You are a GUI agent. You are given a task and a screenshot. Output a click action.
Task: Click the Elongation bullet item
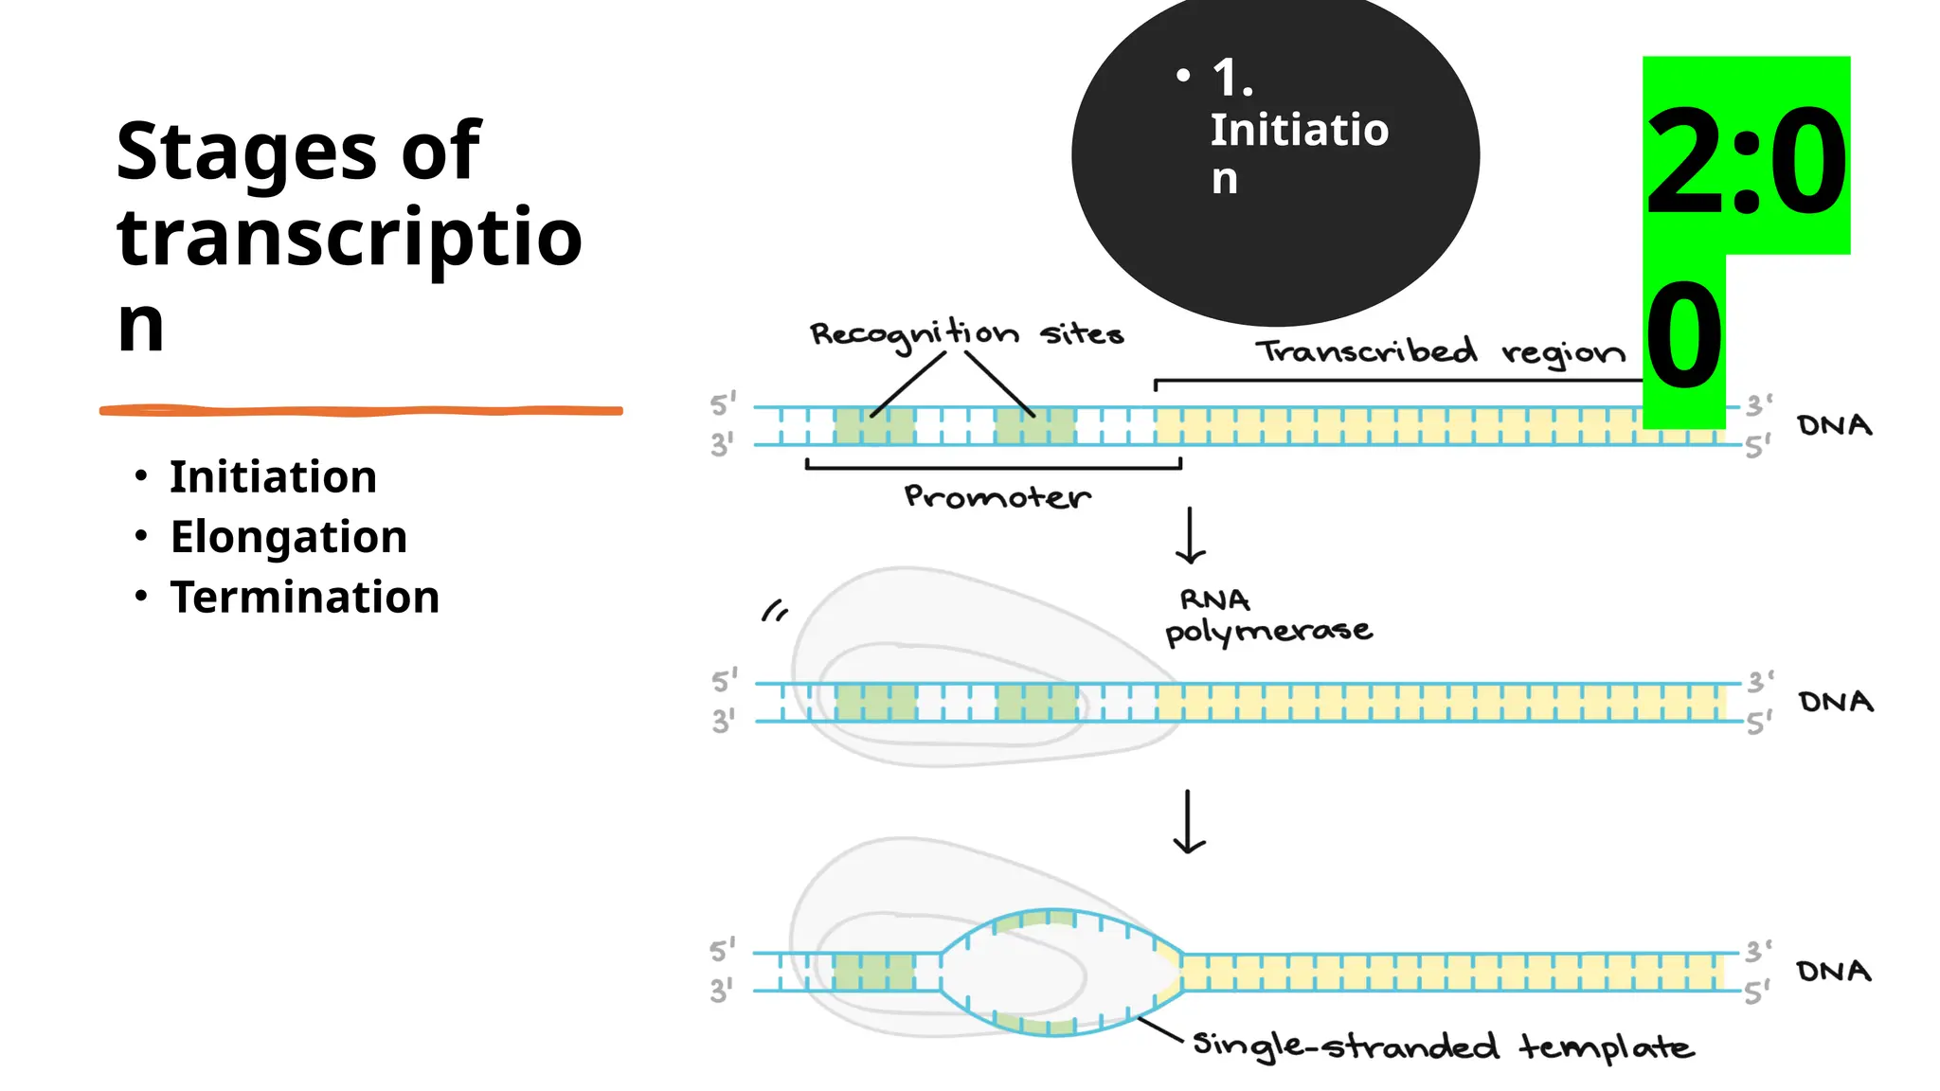click(288, 537)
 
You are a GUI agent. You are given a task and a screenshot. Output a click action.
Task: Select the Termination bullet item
click(304, 598)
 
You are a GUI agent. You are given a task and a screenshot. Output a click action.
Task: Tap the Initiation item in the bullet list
click(273, 476)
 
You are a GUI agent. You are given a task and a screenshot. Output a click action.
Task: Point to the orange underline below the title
click(360, 411)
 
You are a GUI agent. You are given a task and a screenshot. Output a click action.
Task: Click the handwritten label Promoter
click(997, 497)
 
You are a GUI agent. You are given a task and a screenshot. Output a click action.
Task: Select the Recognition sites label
click(966, 334)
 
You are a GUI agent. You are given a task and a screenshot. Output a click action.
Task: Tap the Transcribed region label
click(1440, 352)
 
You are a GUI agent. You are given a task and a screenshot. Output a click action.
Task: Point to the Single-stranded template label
click(1442, 1046)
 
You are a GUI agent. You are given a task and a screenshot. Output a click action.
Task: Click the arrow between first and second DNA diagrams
click(1190, 536)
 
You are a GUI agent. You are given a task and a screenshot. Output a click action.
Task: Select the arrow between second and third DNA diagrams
click(1189, 822)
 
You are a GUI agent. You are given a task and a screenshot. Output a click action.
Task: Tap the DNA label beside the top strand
click(1835, 425)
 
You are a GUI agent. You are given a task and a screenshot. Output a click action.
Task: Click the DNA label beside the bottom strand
click(1834, 972)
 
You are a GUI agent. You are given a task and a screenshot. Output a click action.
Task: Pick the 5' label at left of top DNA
click(723, 404)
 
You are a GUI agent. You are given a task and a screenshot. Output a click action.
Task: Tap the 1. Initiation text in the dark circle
click(1298, 129)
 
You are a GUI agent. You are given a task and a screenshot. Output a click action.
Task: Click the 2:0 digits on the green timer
click(1746, 161)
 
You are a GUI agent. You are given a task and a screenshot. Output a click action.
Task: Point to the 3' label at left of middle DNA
click(723, 722)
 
